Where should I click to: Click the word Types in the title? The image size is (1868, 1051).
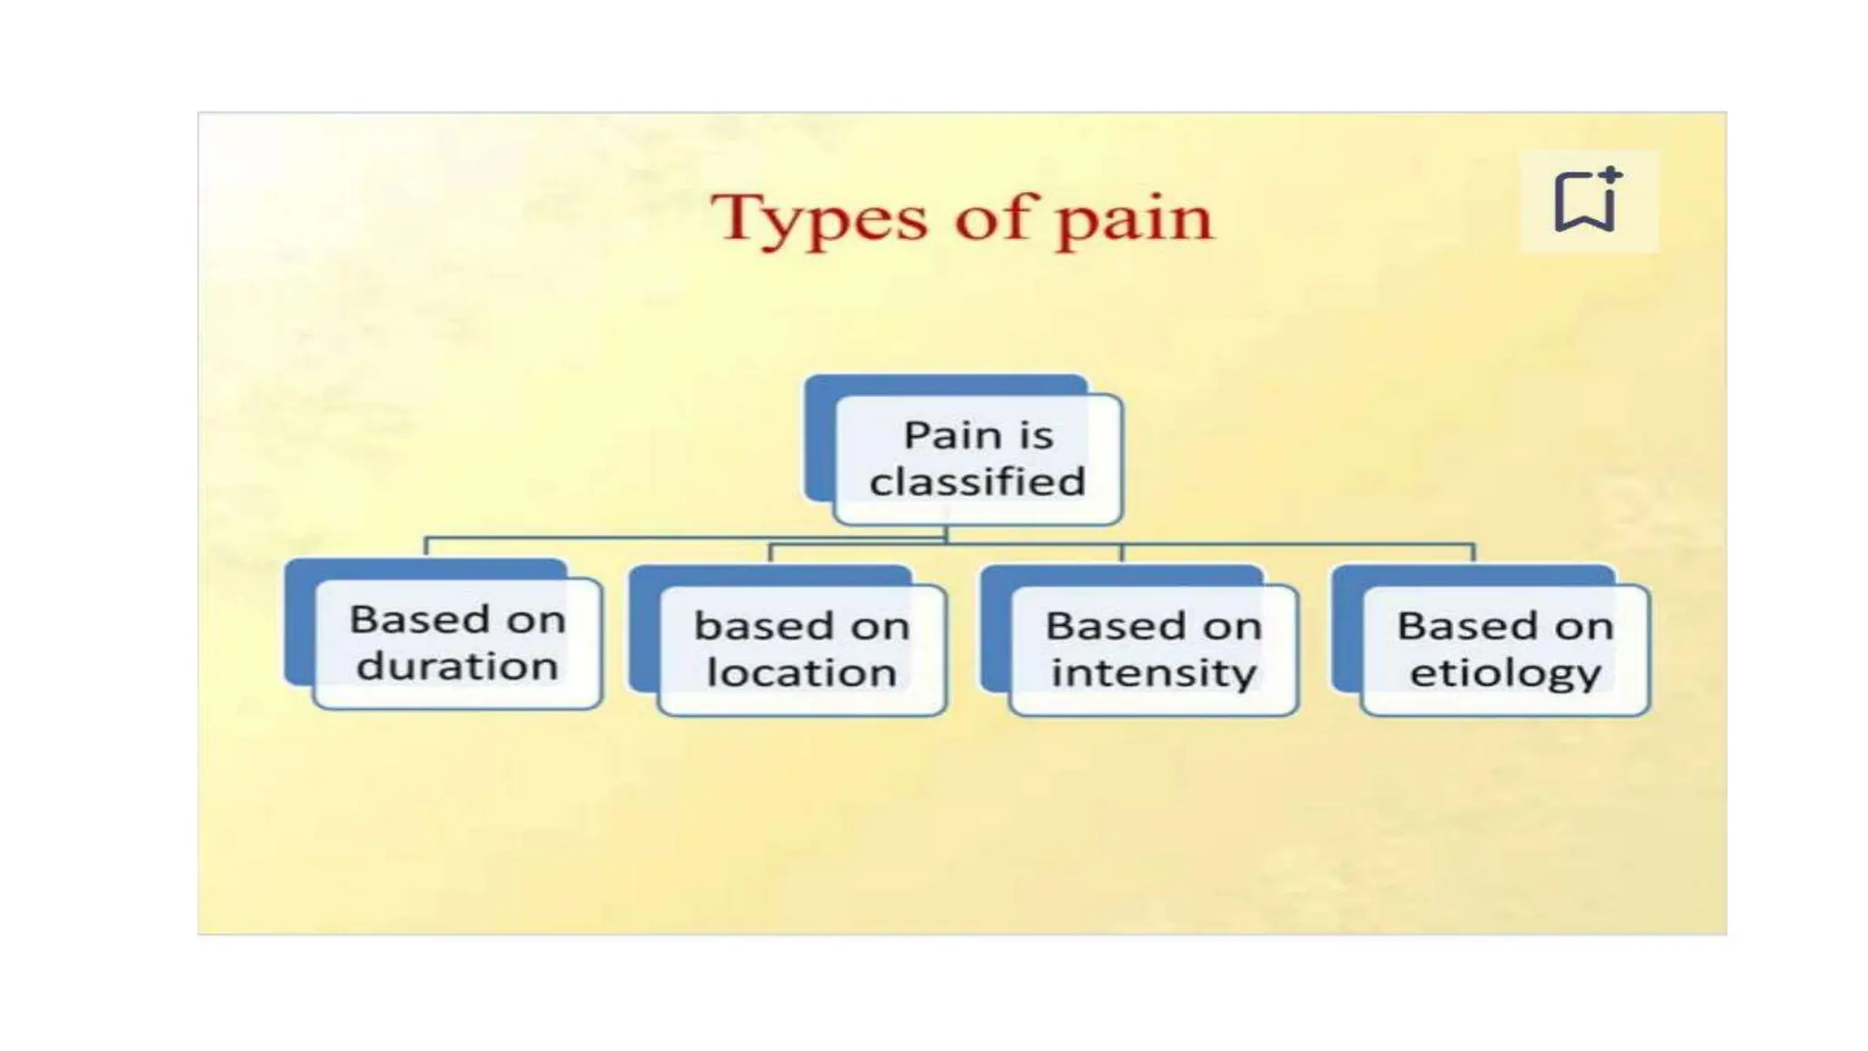click(x=819, y=219)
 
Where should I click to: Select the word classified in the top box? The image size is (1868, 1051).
click(x=977, y=482)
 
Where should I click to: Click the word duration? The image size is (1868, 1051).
click(x=457, y=666)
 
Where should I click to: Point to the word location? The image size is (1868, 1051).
click(x=802, y=673)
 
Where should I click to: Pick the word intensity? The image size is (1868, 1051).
click(x=1154, y=673)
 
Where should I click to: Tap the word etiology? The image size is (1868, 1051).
click(x=1505, y=673)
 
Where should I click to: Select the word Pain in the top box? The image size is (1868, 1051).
click(x=951, y=435)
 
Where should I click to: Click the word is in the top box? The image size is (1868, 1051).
click(x=1036, y=435)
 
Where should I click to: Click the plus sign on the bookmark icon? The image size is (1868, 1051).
click(x=1611, y=173)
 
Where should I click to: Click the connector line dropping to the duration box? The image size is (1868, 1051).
click(x=426, y=547)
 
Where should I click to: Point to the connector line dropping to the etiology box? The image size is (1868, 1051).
click(x=1474, y=553)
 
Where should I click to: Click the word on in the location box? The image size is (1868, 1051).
click(x=880, y=627)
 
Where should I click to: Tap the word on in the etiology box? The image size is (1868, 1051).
click(x=1584, y=627)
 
